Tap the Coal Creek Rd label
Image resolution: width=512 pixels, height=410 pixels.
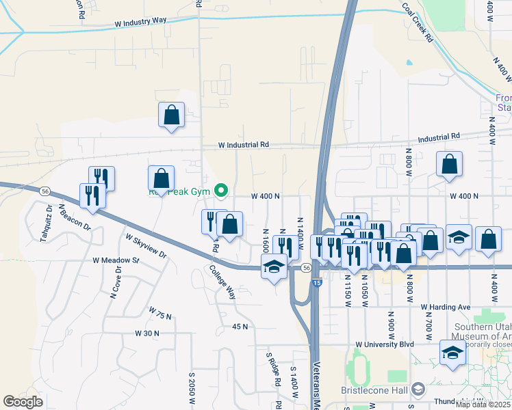417,22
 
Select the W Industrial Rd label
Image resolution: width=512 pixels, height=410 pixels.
244,145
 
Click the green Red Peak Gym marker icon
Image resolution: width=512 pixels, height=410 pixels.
221,190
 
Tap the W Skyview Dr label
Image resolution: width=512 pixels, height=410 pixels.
146,245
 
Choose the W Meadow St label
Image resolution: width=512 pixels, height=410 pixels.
116,260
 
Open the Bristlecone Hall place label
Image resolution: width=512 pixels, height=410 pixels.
374,390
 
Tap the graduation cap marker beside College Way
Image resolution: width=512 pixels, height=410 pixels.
274,267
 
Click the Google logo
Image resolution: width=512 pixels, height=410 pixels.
23,402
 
